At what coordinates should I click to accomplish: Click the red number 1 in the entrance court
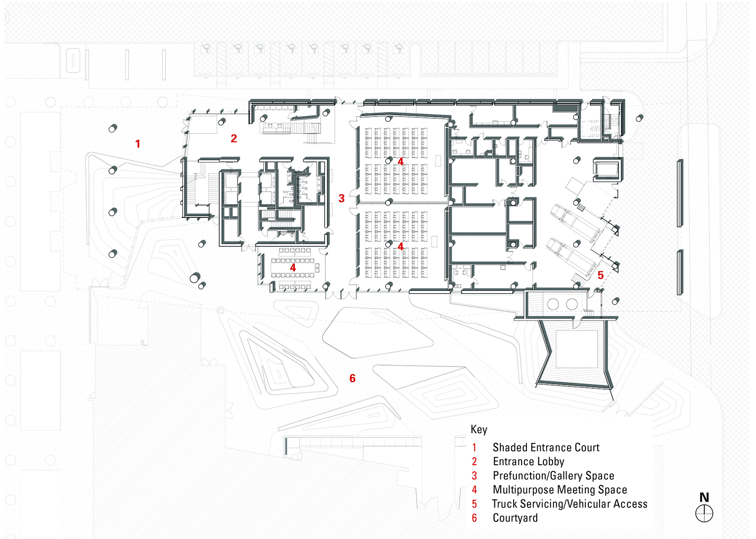coord(138,144)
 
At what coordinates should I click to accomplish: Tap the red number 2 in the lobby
coord(234,138)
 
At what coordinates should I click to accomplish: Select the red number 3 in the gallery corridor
coord(342,198)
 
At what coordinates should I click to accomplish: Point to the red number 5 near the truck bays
coord(600,275)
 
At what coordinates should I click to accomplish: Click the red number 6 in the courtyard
coord(352,378)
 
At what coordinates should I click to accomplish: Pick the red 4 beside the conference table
coord(293,267)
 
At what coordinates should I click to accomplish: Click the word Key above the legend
coord(479,429)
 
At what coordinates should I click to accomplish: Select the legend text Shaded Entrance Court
coord(546,447)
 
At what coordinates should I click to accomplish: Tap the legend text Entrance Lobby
coord(528,462)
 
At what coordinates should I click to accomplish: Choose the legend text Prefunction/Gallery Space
coord(553,476)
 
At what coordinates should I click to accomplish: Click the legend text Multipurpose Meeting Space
coord(560,490)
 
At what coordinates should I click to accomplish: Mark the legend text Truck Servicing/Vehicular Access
coord(569,504)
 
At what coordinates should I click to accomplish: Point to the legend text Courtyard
coord(515,518)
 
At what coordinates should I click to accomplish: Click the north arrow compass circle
coord(704,514)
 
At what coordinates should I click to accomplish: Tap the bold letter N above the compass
coord(704,497)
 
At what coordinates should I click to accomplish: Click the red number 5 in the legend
coord(475,504)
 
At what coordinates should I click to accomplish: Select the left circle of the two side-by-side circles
coord(553,304)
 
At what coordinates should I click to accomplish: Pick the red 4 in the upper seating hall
coord(401,161)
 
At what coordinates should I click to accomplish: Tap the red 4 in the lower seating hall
coord(401,246)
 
